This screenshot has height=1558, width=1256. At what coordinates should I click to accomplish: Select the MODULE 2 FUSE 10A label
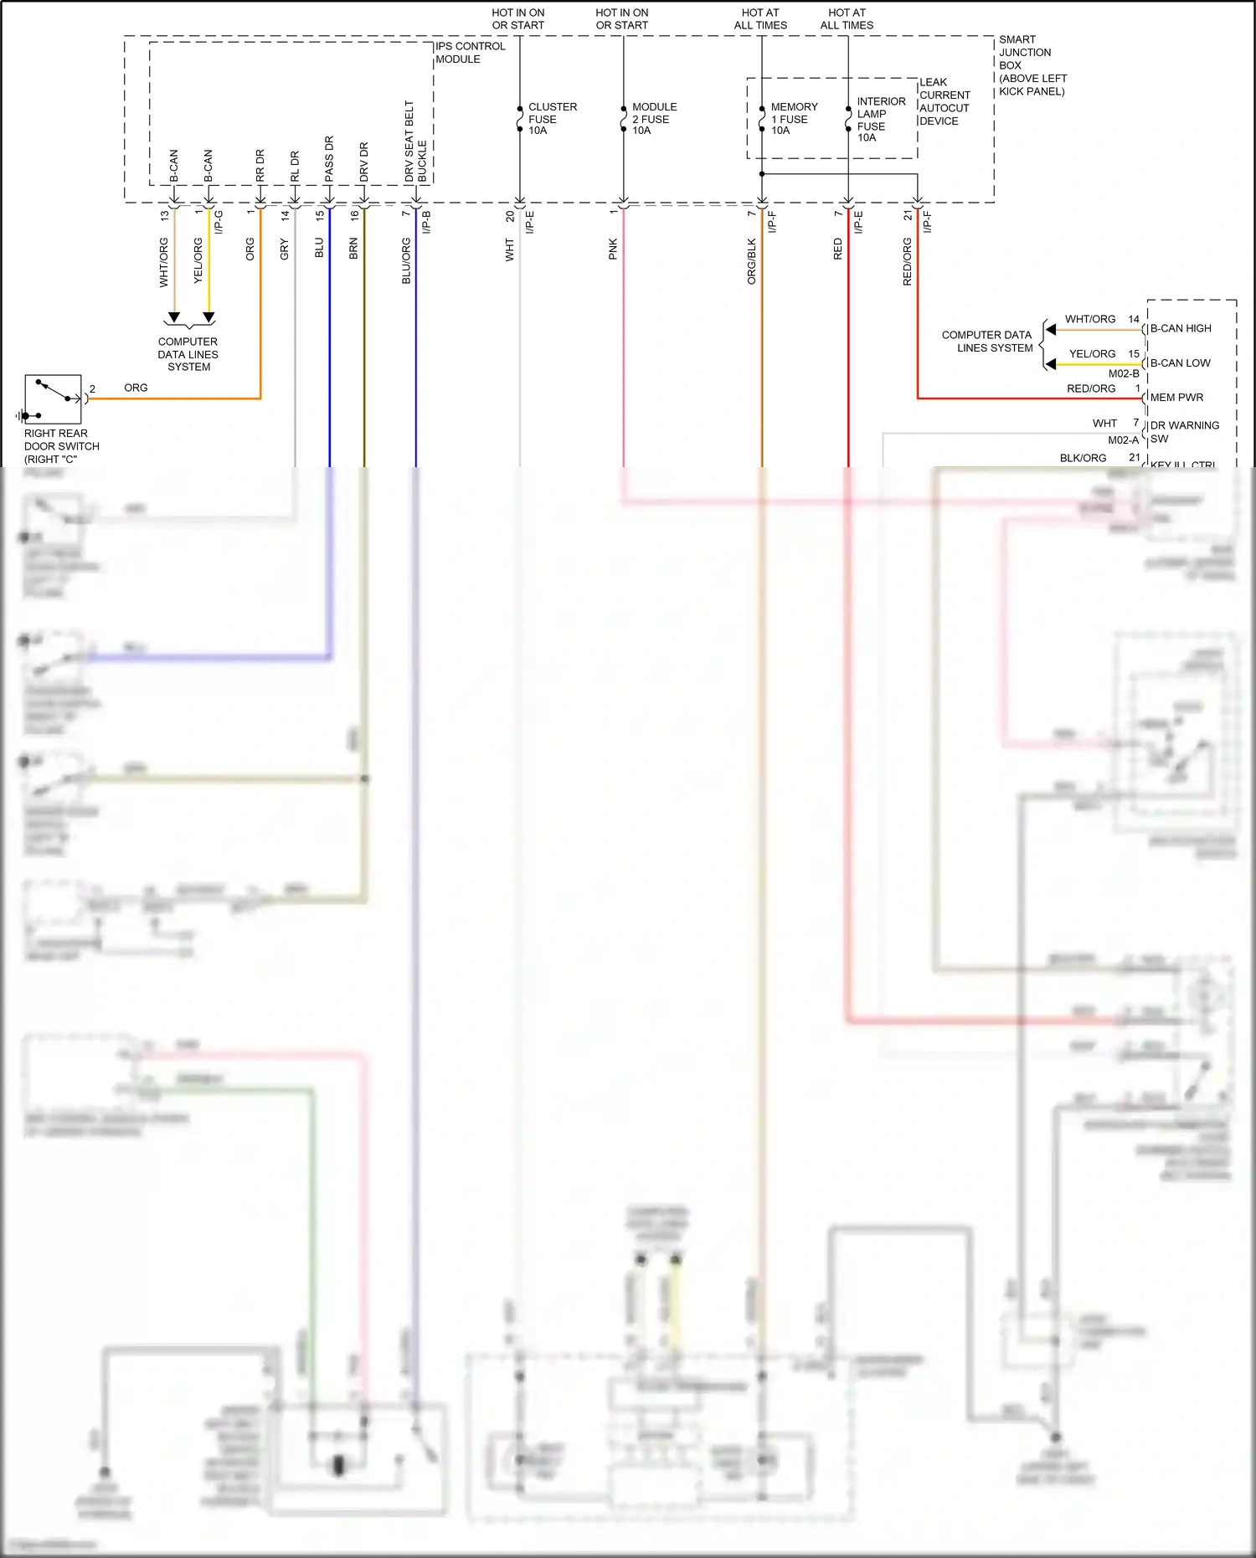(654, 119)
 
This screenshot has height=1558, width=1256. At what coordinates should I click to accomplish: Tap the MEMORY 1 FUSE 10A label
(793, 119)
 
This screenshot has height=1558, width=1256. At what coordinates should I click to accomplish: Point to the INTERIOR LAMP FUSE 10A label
(880, 119)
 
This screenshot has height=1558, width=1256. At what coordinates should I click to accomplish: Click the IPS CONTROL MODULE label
(470, 53)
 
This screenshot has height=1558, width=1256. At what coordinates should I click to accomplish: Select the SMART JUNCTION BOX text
(1032, 65)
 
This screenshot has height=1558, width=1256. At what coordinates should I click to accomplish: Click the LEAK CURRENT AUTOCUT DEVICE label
(944, 101)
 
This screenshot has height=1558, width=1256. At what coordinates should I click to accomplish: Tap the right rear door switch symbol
(53, 399)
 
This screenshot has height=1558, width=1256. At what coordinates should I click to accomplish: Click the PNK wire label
(613, 249)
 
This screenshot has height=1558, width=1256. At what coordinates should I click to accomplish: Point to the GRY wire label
(285, 249)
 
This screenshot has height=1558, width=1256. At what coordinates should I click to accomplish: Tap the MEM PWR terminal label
(1176, 398)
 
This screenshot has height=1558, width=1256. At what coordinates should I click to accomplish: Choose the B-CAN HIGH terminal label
(1180, 328)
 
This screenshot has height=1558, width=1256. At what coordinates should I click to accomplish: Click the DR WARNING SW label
(1184, 432)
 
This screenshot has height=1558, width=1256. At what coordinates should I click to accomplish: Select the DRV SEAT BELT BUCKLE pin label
(415, 142)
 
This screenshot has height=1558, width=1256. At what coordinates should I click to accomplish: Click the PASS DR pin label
(329, 159)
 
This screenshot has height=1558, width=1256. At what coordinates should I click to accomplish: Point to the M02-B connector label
(1124, 373)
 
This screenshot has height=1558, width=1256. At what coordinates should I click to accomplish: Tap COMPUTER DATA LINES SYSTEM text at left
(188, 354)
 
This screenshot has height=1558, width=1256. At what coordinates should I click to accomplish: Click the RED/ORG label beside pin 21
(908, 261)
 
